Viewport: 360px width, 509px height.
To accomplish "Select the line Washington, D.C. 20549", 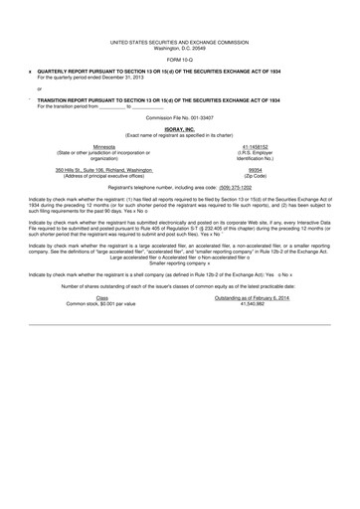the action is click(x=179, y=48).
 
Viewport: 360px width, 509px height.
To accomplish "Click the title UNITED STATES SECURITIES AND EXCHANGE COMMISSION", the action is click(x=179, y=42).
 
